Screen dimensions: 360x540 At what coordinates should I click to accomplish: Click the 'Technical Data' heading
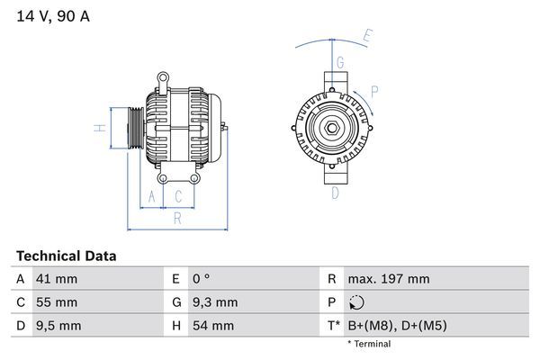[x=66, y=256]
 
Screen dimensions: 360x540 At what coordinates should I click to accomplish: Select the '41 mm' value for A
[x=56, y=279]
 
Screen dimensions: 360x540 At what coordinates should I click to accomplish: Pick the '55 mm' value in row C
[x=56, y=302]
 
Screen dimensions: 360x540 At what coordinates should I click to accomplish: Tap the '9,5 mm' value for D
[x=58, y=325]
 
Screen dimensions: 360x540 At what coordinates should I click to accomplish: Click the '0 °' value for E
[x=202, y=279]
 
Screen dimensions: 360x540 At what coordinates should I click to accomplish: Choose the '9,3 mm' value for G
[x=216, y=302]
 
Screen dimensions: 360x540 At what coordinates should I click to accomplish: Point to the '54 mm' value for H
[x=212, y=325]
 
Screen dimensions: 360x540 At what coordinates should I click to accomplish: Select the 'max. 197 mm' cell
[x=391, y=279]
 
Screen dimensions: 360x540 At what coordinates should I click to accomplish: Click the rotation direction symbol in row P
[x=357, y=302]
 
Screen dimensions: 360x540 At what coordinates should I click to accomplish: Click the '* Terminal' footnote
[x=369, y=344]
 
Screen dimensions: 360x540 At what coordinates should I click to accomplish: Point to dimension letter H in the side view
[x=102, y=127]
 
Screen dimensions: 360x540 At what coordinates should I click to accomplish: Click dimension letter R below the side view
[x=177, y=217]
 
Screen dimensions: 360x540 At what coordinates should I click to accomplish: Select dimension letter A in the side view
[x=152, y=196]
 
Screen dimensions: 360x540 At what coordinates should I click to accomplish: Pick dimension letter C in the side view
[x=178, y=196]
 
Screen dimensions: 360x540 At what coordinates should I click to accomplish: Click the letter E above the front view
[x=367, y=37]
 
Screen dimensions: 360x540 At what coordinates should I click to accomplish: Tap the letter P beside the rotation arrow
[x=374, y=90]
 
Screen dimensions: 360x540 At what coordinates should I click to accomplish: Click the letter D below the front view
[x=335, y=193]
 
